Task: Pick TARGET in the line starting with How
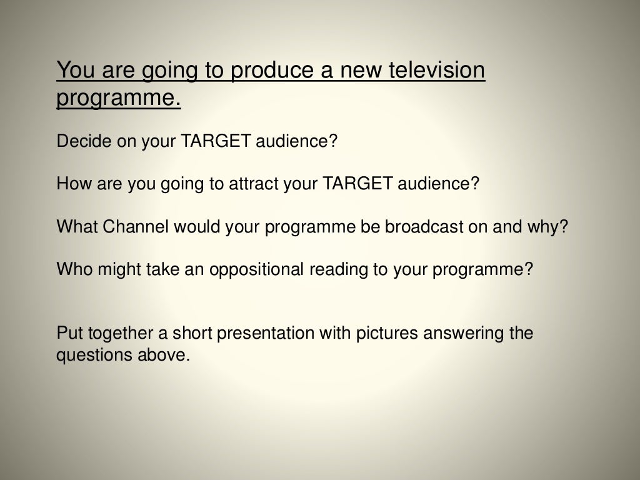click(x=358, y=184)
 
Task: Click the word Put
click(x=67, y=332)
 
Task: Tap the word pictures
click(x=386, y=333)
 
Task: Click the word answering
click(x=464, y=333)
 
